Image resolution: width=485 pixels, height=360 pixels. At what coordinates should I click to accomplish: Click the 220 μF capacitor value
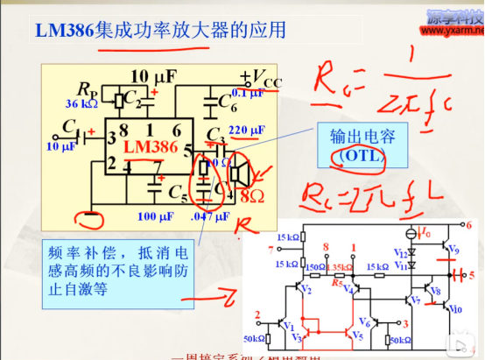pyautogui.click(x=246, y=130)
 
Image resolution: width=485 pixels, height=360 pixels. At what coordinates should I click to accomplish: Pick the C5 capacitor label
pyautogui.click(x=178, y=189)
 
